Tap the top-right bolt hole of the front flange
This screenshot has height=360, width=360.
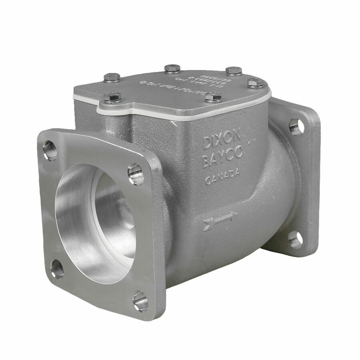pyautogui.click(x=135, y=174)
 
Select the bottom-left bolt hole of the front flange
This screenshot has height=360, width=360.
pyautogui.click(x=57, y=268)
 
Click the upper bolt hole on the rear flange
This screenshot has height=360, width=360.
pyautogui.click(x=296, y=126)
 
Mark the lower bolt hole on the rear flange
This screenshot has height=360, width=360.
pyautogui.click(x=295, y=239)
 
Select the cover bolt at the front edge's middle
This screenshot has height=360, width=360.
pyautogui.click(x=211, y=96)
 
